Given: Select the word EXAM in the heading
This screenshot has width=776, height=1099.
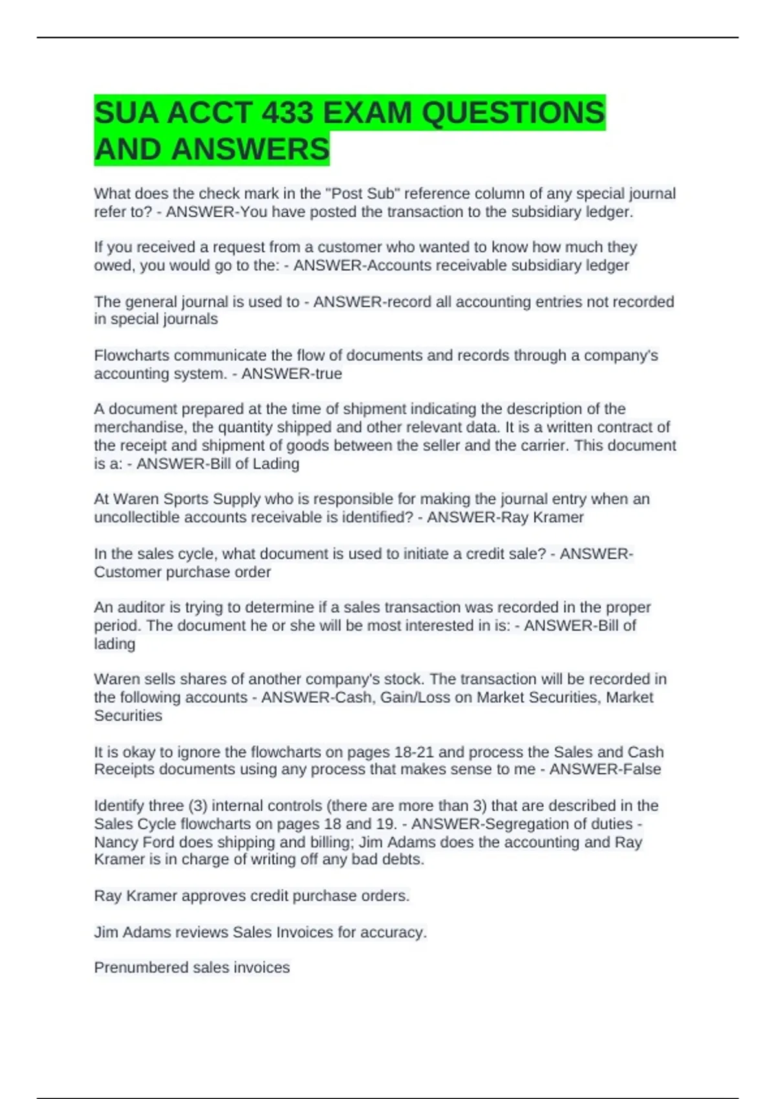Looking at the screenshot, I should click(x=367, y=113).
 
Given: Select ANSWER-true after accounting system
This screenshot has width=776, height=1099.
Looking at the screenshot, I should click(x=292, y=374).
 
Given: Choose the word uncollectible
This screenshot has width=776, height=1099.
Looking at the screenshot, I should click(x=137, y=517).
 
